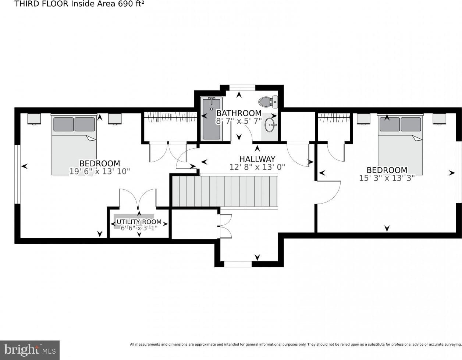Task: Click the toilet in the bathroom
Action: pyautogui.click(x=268, y=102)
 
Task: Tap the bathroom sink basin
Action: pyautogui.click(x=270, y=125)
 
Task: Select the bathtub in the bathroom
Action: pyautogui.click(x=212, y=119)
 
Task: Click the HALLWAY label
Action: pyautogui.click(x=257, y=159)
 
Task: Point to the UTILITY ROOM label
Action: pyautogui.click(x=139, y=222)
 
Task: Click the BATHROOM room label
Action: pyautogui.click(x=239, y=113)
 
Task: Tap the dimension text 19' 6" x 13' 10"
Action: pyautogui.click(x=100, y=171)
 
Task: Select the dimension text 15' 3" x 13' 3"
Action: pyautogui.click(x=387, y=178)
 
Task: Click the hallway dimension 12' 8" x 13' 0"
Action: pyautogui.click(x=257, y=167)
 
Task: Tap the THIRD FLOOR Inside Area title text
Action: pyautogui.click(x=79, y=4)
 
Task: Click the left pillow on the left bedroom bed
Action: pyautogui.click(x=63, y=124)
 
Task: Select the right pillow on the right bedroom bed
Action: pyautogui.click(x=411, y=124)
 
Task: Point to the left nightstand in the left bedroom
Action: pyautogui.click(x=34, y=119)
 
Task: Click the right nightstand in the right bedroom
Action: pyautogui.click(x=440, y=119)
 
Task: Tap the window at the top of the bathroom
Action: pyautogui.click(x=242, y=88)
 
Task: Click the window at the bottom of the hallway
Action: pyautogui.click(x=238, y=264)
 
